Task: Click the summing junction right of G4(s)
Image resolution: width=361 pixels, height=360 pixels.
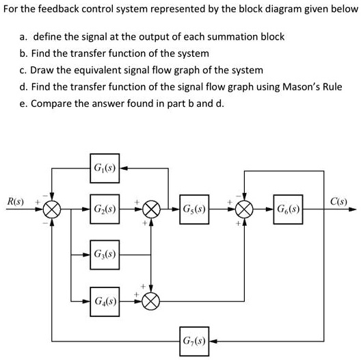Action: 152,300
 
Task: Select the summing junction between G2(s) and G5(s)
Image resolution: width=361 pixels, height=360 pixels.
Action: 152,207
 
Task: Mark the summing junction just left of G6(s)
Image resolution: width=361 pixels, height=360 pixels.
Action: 244,207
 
